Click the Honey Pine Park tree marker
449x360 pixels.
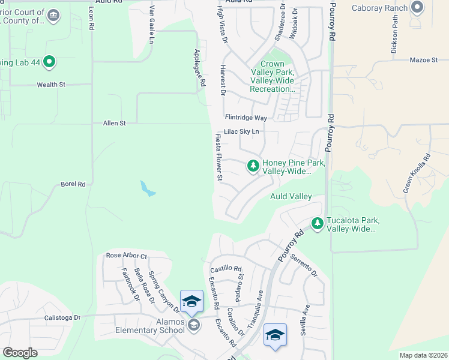click(x=253, y=166)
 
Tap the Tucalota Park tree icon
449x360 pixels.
click(x=317, y=224)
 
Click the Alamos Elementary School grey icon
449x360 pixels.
click(x=193, y=325)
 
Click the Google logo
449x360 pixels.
click(x=20, y=353)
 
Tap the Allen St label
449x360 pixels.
click(x=114, y=123)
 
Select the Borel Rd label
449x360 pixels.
click(x=73, y=184)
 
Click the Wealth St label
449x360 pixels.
click(x=51, y=85)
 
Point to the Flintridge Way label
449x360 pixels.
click(x=246, y=118)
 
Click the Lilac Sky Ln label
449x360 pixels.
click(x=241, y=131)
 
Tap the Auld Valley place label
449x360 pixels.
click(x=291, y=196)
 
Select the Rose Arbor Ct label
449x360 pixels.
click(x=126, y=256)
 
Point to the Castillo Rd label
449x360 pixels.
click(x=226, y=269)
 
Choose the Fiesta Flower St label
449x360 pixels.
click(x=219, y=157)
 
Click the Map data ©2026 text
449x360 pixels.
click(x=423, y=355)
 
